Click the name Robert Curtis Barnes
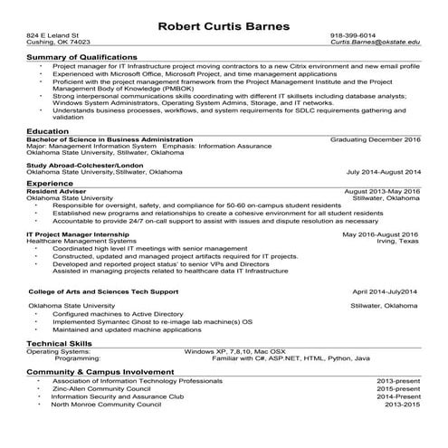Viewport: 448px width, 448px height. (x=224, y=25)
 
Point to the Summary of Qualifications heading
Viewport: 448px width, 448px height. (x=82, y=57)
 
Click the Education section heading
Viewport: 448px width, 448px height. (x=48, y=131)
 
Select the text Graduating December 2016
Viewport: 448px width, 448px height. (x=376, y=140)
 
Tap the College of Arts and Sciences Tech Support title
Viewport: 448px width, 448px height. (x=104, y=292)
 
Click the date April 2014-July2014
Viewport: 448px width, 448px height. (x=385, y=292)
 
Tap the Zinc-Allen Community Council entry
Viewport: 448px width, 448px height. (x=102, y=389)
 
